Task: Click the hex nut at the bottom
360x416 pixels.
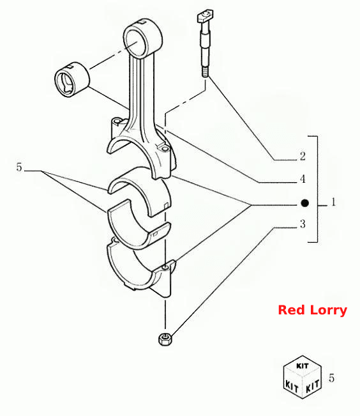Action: [165, 339]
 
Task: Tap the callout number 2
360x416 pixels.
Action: [303, 156]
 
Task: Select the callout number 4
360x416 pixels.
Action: [303, 179]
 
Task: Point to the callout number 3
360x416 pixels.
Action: [303, 224]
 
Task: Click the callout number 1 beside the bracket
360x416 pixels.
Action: [333, 202]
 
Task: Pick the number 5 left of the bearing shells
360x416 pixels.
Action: [19, 167]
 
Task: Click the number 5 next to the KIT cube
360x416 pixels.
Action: [332, 378]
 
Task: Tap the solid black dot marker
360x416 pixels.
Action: [305, 203]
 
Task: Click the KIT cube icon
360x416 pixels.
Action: [303, 377]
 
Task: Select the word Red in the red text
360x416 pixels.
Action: [292, 310]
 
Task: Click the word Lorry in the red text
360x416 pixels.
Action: [329, 311]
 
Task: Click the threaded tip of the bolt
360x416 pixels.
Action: [205, 72]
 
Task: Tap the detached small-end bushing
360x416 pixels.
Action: [72, 79]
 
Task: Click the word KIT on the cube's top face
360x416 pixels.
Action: [302, 366]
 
